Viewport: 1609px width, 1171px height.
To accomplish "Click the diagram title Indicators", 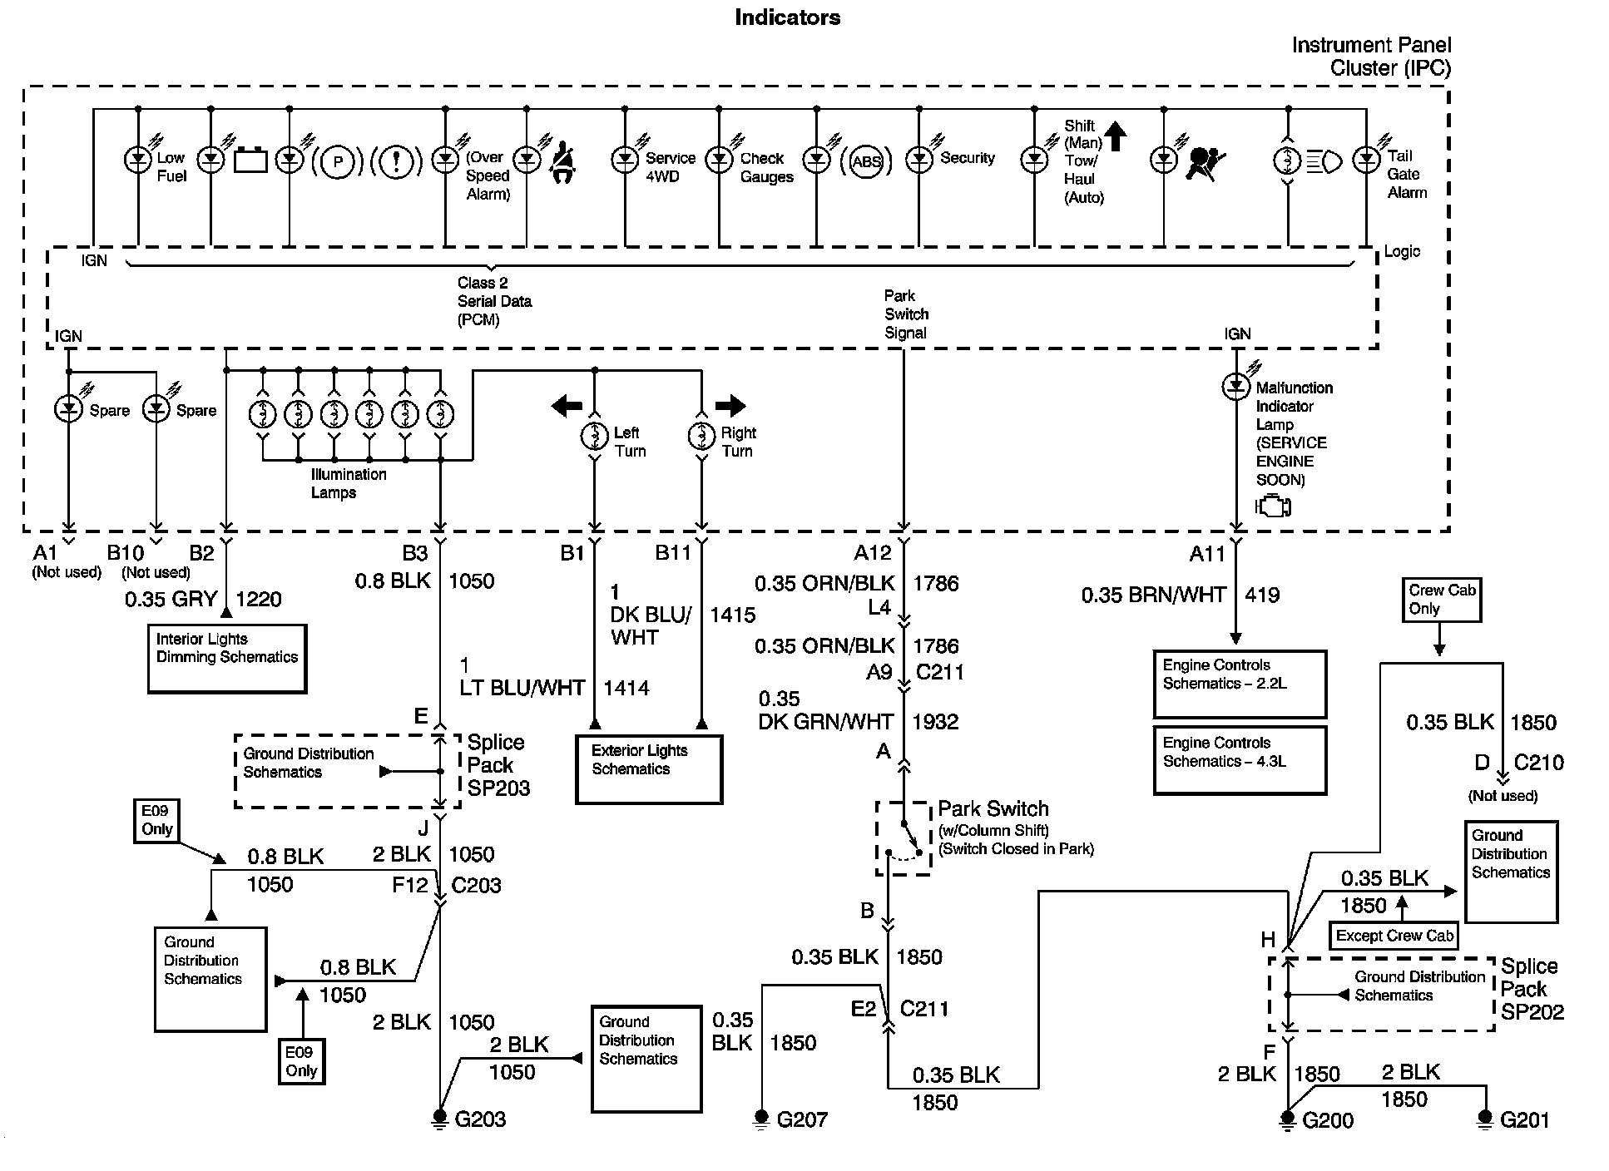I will [x=787, y=17].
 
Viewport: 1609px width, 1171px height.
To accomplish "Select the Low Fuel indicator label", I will [x=171, y=166].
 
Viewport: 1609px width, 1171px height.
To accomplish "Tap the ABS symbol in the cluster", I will [x=866, y=161].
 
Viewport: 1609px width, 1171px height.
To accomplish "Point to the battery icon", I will [x=250, y=160].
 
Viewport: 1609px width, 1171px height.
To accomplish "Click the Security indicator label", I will [x=968, y=157].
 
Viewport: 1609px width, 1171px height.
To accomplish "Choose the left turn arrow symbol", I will [x=567, y=406].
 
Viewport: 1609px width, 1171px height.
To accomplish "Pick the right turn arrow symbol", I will [x=730, y=406].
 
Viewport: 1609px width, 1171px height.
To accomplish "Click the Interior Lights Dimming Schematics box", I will [x=227, y=659].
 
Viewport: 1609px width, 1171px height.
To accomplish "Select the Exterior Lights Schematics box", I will [x=649, y=769].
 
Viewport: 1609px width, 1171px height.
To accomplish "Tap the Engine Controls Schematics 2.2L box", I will [x=1240, y=684].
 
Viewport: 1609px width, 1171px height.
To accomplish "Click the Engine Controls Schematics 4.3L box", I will [x=1240, y=761].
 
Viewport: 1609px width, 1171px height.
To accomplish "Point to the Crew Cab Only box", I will [x=1442, y=600].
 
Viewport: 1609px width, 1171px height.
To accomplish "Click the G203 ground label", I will [x=480, y=1119].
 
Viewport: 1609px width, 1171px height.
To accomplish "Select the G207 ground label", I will [x=802, y=1119].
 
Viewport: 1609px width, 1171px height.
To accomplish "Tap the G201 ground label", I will [x=1525, y=1120].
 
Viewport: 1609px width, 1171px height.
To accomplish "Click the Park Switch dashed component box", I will [x=904, y=837].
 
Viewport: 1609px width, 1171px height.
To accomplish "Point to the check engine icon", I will [x=1273, y=506].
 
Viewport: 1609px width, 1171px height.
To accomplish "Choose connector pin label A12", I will [x=872, y=553].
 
